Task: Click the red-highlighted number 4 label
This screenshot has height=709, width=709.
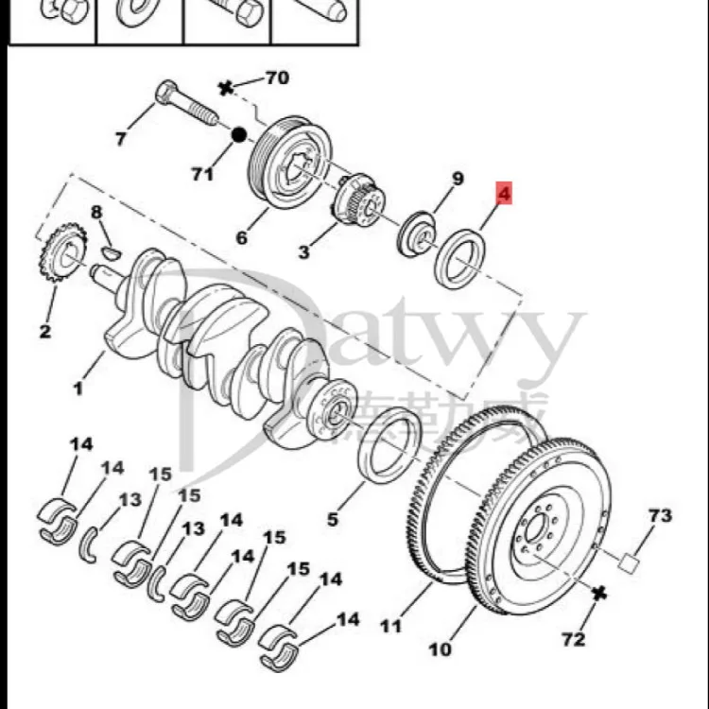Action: click(504, 196)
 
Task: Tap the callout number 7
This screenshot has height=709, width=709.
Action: click(120, 140)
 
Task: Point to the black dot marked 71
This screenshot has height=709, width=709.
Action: click(239, 135)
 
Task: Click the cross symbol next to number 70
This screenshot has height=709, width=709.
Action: click(225, 89)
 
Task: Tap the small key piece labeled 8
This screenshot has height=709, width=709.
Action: click(111, 251)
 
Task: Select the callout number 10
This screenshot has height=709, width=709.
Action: click(440, 649)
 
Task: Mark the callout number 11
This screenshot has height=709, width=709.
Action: click(391, 626)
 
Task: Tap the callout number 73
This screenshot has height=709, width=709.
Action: click(660, 516)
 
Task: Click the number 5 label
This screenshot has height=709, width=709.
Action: click(332, 518)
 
